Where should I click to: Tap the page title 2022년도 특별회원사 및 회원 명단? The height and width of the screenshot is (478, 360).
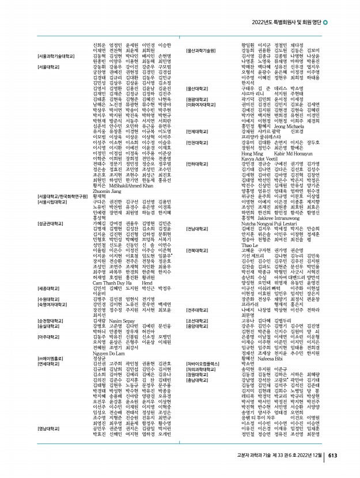point(286,22)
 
